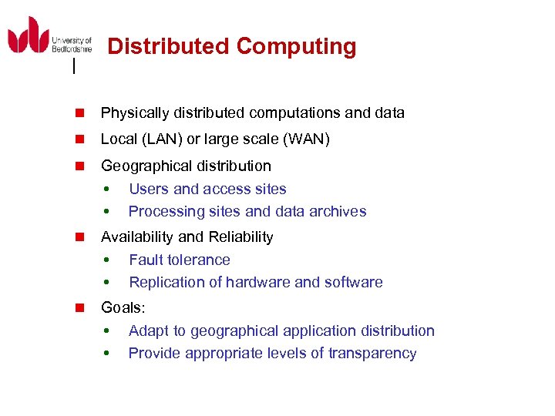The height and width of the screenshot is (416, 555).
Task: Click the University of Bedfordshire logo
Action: pos(49,37)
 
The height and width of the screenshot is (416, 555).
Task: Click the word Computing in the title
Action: pos(297,47)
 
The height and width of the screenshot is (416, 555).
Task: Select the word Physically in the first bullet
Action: pos(135,113)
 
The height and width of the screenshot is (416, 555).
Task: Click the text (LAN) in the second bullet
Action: pos(161,139)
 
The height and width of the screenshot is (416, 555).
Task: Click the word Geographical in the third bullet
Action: pos(143,166)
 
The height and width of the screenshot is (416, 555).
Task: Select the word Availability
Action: pos(133,237)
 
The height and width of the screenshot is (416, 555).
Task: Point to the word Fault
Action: pos(146,260)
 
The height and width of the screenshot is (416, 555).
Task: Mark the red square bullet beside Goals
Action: pos(79,307)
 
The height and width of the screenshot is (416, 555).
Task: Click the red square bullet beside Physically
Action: pos(79,113)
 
